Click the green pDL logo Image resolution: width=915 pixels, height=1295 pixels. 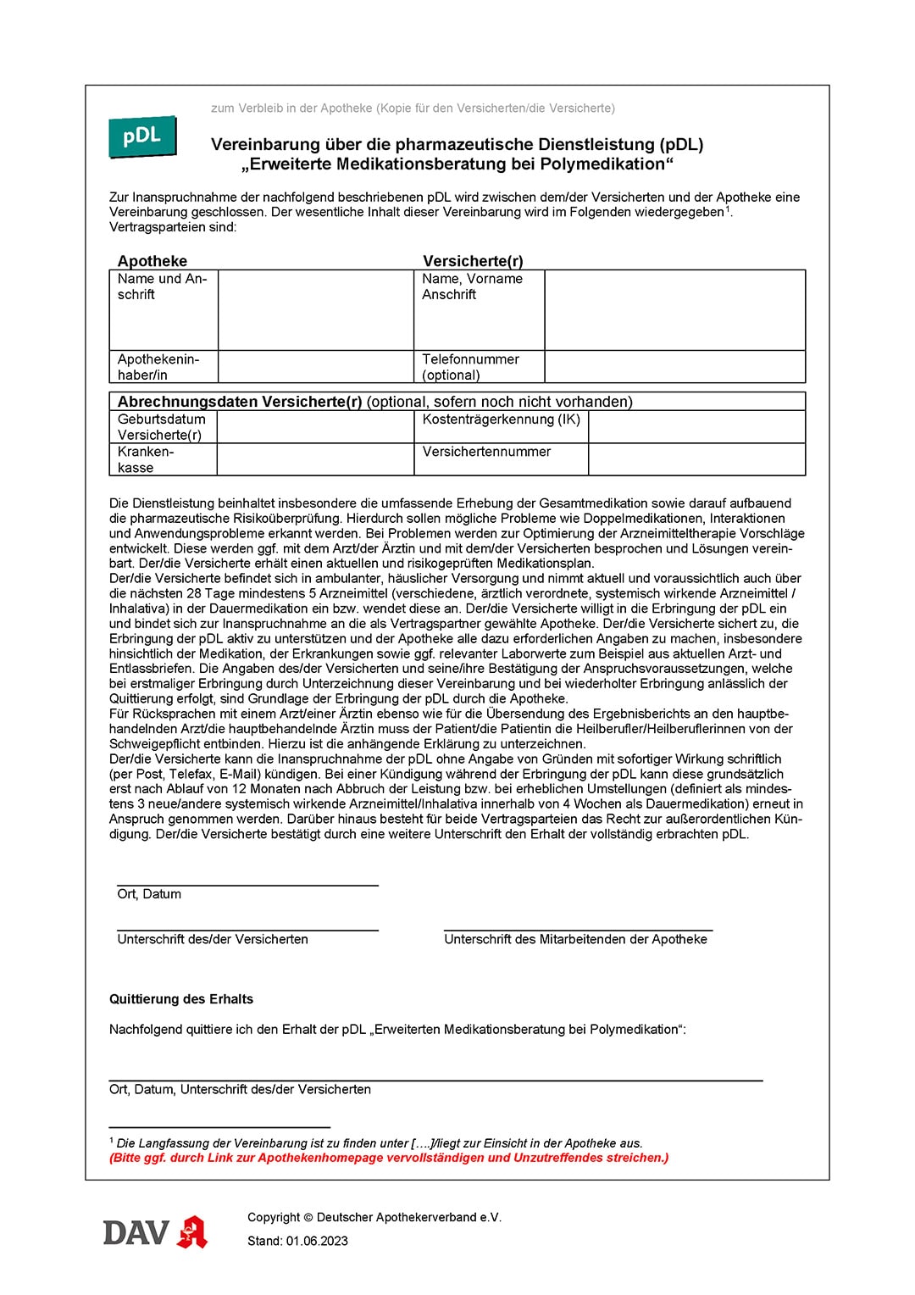tap(142, 136)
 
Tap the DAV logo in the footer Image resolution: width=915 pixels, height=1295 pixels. tap(136, 1232)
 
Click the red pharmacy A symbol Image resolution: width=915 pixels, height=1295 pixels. tap(192, 1232)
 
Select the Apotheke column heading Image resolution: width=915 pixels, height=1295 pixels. tap(152, 261)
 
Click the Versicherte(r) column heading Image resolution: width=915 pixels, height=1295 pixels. tap(473, 261)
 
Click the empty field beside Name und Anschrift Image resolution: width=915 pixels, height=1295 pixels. tap(315, 309)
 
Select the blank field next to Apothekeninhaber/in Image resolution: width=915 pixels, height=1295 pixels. tap(315, 367)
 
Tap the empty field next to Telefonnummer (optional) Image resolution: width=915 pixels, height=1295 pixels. tap(674, 367)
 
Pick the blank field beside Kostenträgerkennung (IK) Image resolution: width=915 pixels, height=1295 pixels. tap(696, 427)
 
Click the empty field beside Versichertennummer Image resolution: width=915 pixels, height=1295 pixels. tap(696, 459)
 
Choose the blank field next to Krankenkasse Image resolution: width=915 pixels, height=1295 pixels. tap(315, 459)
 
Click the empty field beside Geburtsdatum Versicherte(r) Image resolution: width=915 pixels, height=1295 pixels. tap(315, 427)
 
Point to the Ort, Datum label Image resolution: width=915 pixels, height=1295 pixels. tap(149, 894)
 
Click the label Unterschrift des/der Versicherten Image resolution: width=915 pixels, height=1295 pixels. tap(213, 939)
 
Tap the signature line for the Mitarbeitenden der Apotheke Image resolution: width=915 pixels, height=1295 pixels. tap(578, 929)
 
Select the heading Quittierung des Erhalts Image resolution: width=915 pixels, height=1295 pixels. tap(181, 999)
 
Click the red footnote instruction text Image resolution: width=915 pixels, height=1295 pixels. tap(389, 1158)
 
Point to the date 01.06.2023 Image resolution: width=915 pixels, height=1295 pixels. tap(317, 1241)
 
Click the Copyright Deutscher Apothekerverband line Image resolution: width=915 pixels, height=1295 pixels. tap(374, 1217)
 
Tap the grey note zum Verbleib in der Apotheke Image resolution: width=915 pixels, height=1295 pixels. tap(413, 108)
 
